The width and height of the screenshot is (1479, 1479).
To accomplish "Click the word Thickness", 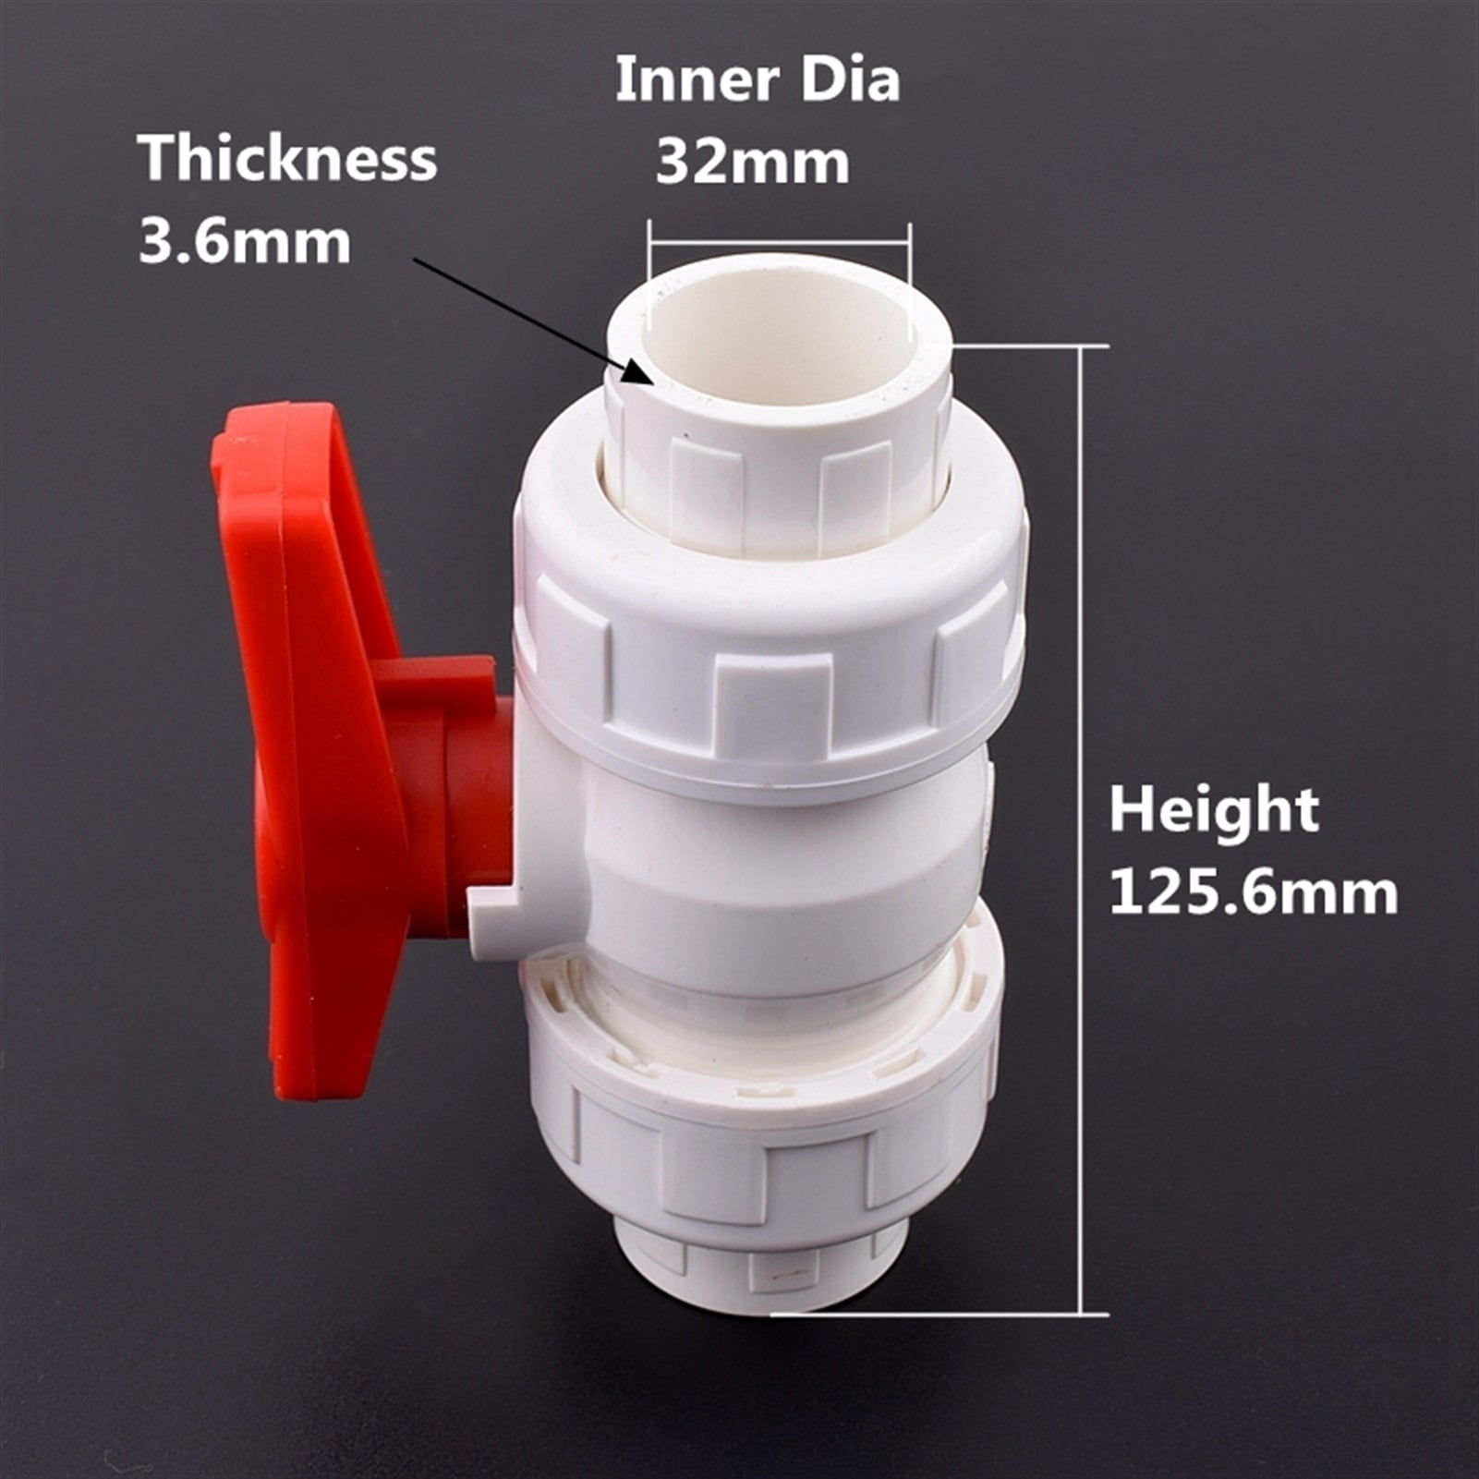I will [x=287, y=158].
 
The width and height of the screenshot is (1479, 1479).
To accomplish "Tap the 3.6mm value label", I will [x=245, y=242].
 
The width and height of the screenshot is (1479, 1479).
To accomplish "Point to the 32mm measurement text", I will [x=752, y=163].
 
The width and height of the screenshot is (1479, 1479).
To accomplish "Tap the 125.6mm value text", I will [x=1253, y=893].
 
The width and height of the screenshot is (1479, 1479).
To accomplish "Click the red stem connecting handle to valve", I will [x=462, y=794].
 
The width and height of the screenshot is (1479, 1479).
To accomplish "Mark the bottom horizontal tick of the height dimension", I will [x=942, y=1314].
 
